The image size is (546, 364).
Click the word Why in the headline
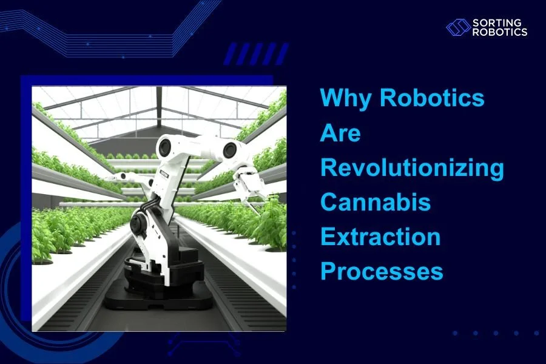(x=343, y=98)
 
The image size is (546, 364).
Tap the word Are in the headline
(x=340, y=133)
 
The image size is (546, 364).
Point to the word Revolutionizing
(x=412, y=167)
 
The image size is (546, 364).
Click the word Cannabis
(x=376, y=202)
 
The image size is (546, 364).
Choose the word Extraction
(x=380, y=237)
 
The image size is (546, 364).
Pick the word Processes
(x=382, y=271)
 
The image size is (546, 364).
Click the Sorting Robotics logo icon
(x=458, y=27)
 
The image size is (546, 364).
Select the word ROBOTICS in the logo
(x=499, y=32)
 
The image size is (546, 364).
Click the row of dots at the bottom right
(x=495, y=333)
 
